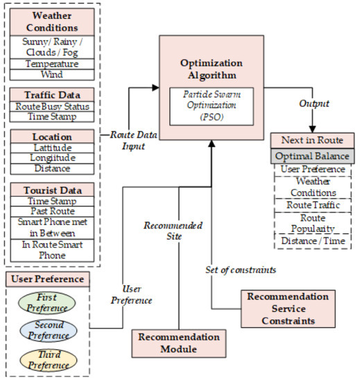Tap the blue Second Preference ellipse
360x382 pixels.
[48, 330]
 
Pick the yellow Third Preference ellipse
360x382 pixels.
[48, 358]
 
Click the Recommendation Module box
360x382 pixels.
[179, 343]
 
